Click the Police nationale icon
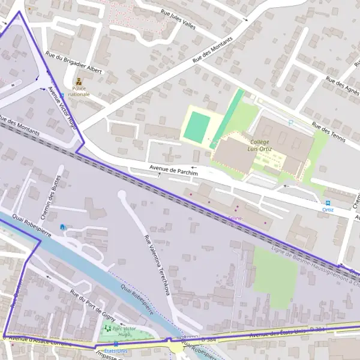(x=79, y=82)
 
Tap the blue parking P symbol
(x=291, y=122)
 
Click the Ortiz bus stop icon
(x=328, y=203)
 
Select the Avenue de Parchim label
(x=173, y=170)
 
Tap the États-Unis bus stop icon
(x=115, y=343)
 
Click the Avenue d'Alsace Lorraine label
(x=40, y=340)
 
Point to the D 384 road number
(x=316, y=330)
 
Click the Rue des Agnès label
(x=343, y=88)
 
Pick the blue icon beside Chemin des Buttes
(x=63, y=227)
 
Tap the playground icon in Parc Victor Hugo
(x=109, y=328)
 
